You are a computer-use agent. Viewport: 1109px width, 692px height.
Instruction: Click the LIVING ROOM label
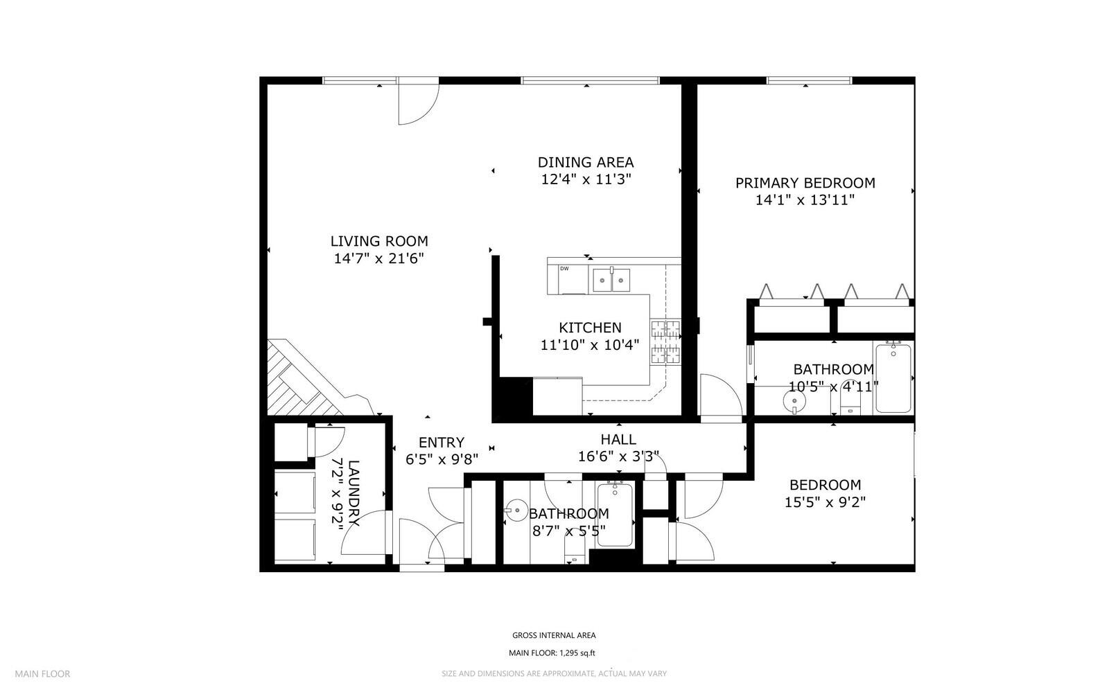(379, 241)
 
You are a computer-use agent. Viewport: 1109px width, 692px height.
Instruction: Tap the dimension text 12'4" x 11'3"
(586, 179)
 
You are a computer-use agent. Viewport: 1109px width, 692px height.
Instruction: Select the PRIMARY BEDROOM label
(805, 183)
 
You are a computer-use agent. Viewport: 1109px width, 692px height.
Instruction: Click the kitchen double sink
(611, 281)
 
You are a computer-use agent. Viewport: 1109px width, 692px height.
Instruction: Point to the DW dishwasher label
(564, 269)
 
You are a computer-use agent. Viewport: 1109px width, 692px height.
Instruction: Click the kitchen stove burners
(665, 342)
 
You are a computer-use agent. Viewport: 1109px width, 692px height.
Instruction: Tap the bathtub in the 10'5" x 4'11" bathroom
(893, 378)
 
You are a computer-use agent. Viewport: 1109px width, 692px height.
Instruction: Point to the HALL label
(618, 439)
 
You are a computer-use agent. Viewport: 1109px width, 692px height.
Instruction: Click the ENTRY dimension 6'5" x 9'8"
(442, 458)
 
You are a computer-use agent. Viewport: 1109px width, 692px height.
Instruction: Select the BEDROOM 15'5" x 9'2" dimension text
(825, 502)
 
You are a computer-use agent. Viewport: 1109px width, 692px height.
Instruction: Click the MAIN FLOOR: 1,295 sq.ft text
(552, 653)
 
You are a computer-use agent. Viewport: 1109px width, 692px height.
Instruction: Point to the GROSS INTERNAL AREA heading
(553, 635)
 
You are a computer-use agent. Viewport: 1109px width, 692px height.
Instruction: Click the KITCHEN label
(590, 328)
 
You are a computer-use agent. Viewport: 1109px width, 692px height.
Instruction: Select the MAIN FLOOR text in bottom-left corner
(43, 673)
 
